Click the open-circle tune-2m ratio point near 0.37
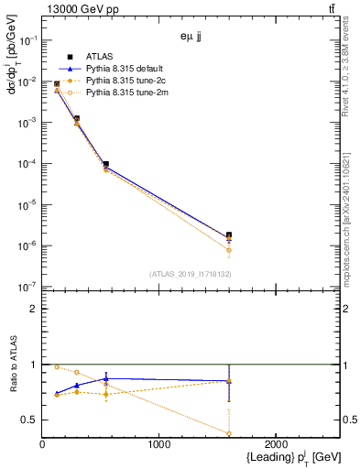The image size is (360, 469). point(229,433)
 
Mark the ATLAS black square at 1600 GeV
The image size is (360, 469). point(229,235)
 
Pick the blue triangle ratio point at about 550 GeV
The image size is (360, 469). point(106,377)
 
